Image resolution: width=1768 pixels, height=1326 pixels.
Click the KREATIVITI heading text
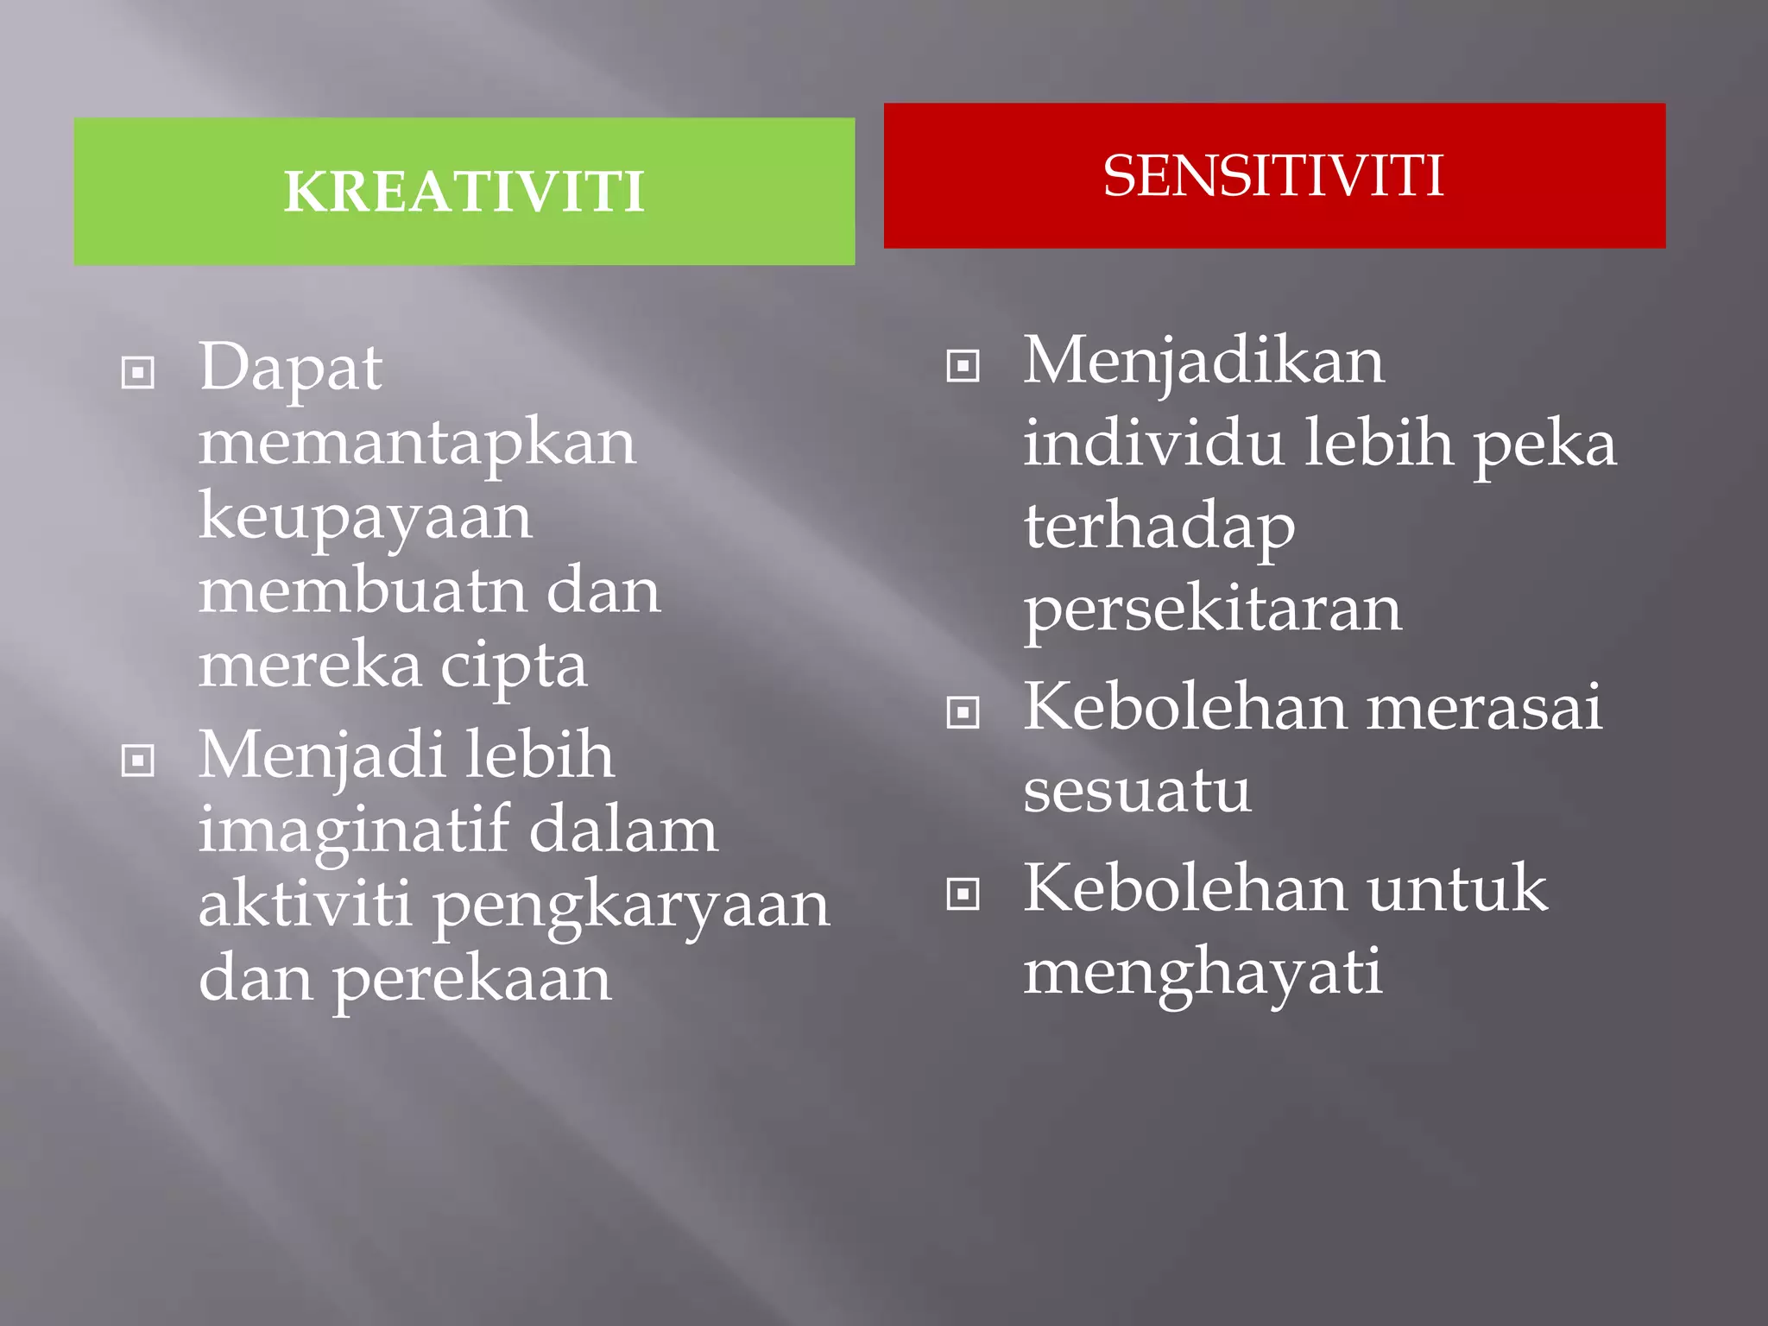pyautogui.click(x=464, y=192)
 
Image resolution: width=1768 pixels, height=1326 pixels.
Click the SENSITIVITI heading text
pyautogui.click(x=1273, y=176)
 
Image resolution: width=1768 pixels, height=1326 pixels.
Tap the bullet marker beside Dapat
pyautogui.click(x=138, y=373)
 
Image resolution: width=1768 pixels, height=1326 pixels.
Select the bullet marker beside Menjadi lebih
pyautogui.click(x=138, y=761)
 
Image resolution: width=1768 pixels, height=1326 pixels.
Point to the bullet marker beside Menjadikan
pyautogui.click(x=963, y=365)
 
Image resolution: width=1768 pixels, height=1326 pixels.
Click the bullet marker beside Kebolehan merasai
pyautogui.click(x=963, y=712)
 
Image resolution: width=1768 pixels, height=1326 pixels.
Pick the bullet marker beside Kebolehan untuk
pyautogui.click(x=963, y=893)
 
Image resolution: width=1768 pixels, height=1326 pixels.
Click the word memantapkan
pyautogui.click(x=417, y=444)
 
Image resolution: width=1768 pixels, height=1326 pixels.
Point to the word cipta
pyautogui.click(x=514, y=668)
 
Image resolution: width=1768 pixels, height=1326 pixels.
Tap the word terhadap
pyautogui.click(x=1159, y=527)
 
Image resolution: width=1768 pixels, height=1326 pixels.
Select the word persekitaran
pyautogui.click(x=1213, y=609)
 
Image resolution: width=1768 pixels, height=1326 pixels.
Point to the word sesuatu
pyautogui.click(x=1137, y=789)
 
